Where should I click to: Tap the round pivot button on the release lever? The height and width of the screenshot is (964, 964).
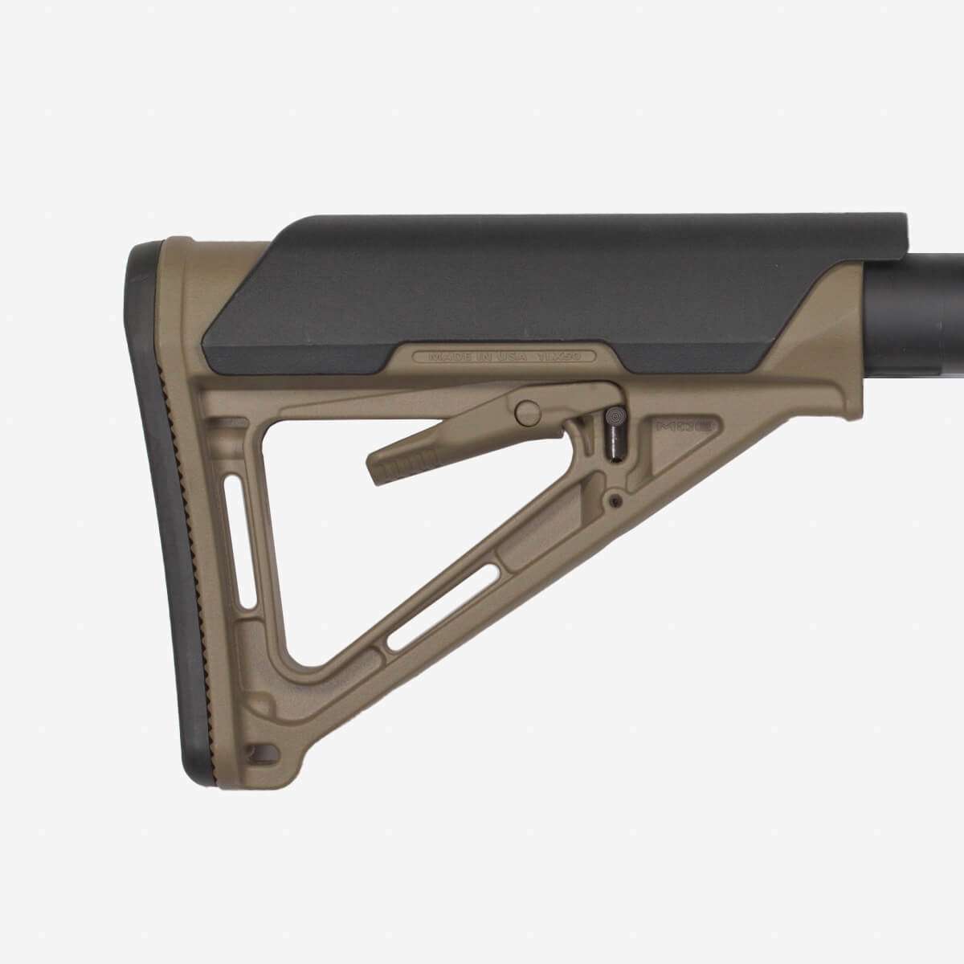click(x=528, y=412)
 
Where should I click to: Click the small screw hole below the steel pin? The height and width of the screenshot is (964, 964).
click(x=615, y=500)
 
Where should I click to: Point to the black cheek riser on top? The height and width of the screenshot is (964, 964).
click(x=562, y=281)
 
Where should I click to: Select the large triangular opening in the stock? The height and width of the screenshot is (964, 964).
click(x=345, y=546)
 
